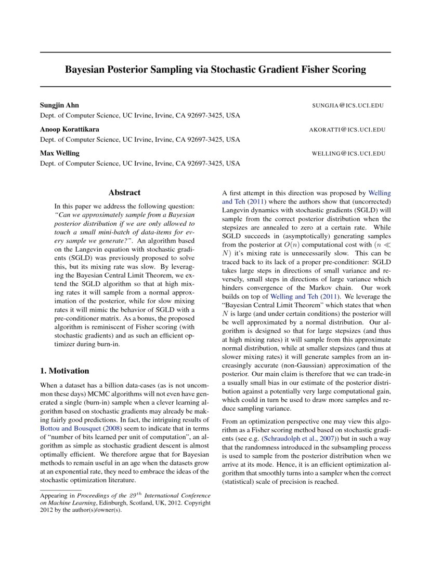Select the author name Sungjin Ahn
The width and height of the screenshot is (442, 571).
(59, 105)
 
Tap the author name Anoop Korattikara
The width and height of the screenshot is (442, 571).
(70, 129)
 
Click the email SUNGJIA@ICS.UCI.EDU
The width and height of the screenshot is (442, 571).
(348, 105)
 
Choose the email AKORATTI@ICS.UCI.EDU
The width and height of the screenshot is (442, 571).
(347, 130)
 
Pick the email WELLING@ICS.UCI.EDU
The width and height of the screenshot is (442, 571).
(348, 154)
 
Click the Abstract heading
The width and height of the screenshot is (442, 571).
(124, 193)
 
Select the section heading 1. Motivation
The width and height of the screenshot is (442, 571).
(64, 371)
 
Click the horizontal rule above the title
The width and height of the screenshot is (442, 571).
(215, 52)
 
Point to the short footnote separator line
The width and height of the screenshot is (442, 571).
(61, 490)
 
